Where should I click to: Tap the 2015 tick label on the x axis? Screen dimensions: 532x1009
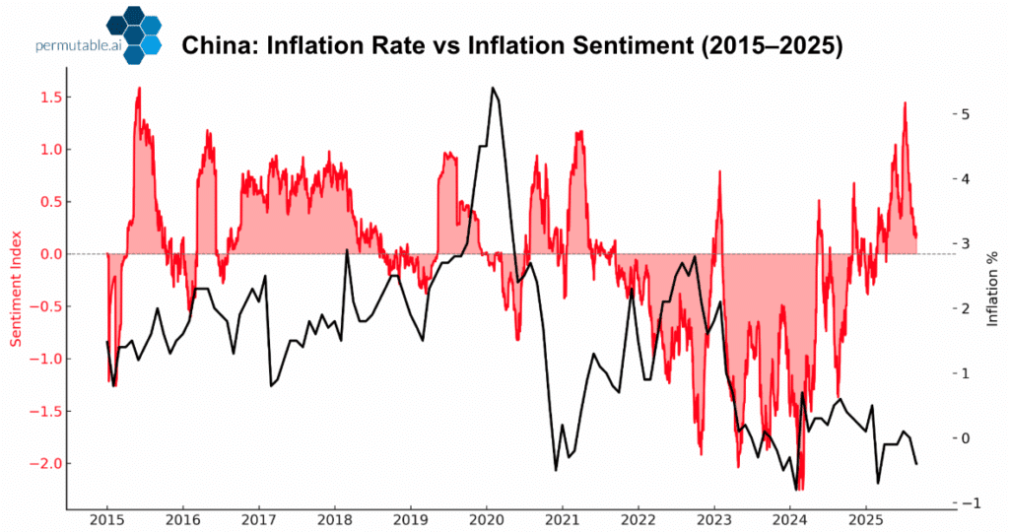(x=106, y=519)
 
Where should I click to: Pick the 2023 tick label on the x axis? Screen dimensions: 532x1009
(x=713, y=519)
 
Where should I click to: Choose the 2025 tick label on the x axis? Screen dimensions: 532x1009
(x=865, y=519)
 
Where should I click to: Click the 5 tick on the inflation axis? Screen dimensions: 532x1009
(x=968, y=114)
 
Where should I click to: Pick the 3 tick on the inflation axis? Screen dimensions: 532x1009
(x=968, y=243)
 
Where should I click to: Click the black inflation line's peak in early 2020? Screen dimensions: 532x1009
(x=492, y=88)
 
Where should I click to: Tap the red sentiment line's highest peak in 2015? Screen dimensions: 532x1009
(x=139, y=88)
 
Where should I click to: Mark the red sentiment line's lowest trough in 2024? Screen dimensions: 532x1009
(x=799, y=489)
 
